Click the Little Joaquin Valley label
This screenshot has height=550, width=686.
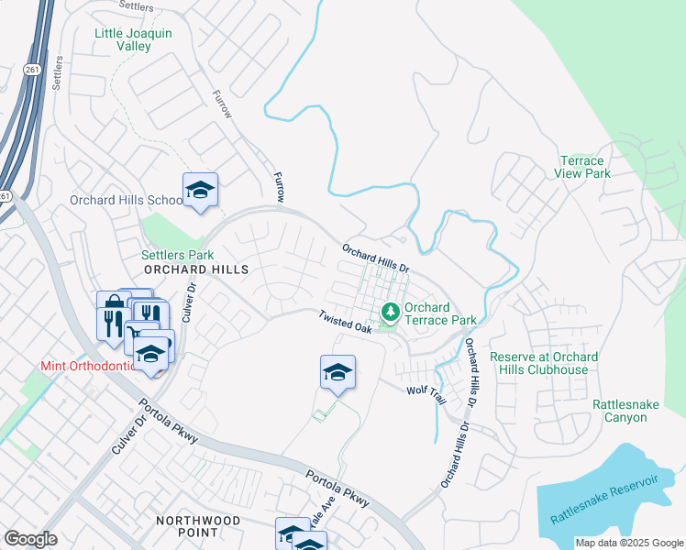coord(133,39)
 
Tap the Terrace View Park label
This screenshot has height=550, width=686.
coord(583,167)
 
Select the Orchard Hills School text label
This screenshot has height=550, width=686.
coord(127,200)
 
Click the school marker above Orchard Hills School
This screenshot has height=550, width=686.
coord(200,190)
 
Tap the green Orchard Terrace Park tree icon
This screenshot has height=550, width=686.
coord(391,313)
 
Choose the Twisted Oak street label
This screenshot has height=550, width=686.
coord(345,321)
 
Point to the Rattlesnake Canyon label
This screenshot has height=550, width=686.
coord(632,410)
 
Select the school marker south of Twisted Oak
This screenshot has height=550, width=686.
coord(337,372)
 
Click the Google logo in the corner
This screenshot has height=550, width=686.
coord(30,539)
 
